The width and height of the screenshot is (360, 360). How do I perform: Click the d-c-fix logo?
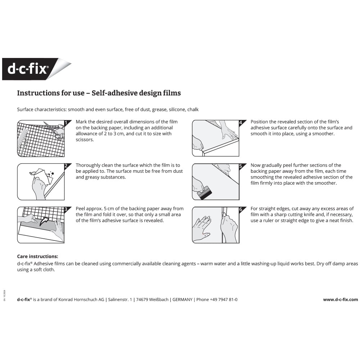[x=28, y=69]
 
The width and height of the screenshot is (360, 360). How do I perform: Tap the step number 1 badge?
[x=66, y=123]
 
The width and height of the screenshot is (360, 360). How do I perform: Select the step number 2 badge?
[x=66, y=166]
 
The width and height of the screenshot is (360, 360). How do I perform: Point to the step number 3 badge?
[x=66, y=209]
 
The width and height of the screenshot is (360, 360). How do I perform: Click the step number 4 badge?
[x=240, y=123]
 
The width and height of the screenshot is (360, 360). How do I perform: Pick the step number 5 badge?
[x=240, y=166]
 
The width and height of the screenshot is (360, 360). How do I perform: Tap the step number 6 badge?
[x=240, y=209]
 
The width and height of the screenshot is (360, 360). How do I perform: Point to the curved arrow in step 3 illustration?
[x=45, y=220]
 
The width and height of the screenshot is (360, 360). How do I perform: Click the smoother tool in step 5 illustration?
[x=204, y=193]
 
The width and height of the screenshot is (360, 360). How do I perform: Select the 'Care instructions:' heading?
[x=37, y=257]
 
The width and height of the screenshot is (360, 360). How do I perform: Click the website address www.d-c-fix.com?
[x=340, y=300]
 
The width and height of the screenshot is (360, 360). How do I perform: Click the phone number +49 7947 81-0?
[x=222, y=300]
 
